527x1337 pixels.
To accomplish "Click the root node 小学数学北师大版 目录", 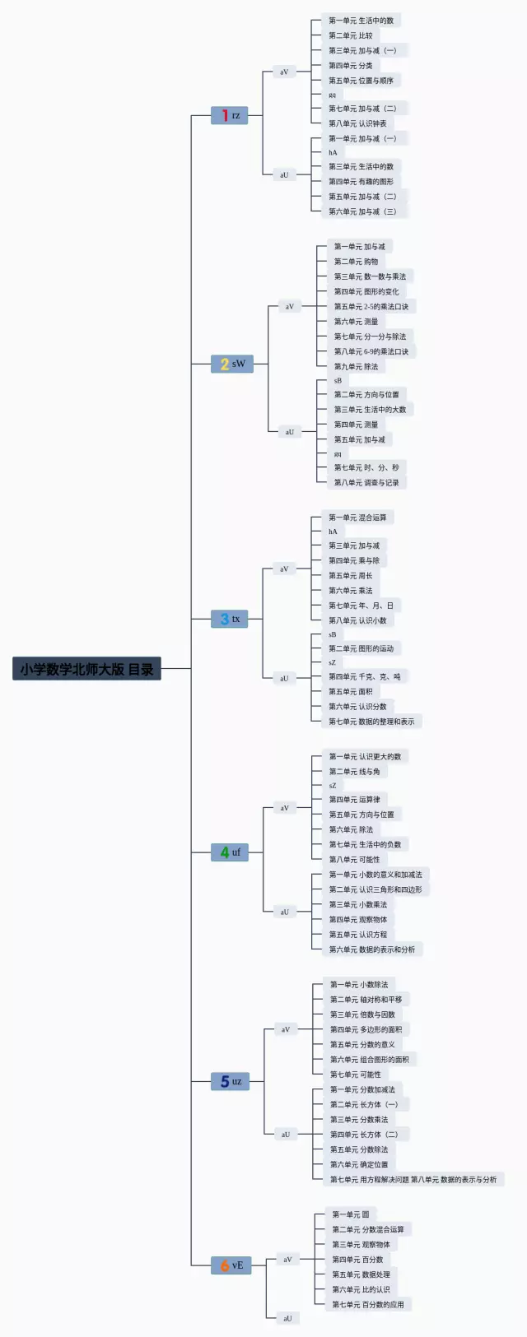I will [x=87, y=669].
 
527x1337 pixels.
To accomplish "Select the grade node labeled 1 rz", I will [x=230, y=115].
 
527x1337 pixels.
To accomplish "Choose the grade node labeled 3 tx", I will [x=230, y=619].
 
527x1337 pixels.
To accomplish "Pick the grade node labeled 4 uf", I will [x=230, y=852].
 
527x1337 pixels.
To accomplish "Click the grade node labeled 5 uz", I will [x=231, y=1081].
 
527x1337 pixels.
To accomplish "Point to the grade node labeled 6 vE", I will [x=231, y=1265].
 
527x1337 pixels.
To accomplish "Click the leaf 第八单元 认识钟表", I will [x=357, y=123].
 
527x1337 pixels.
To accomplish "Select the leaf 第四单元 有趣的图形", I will [x=361, y=182].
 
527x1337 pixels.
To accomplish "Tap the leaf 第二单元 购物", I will [x=356, y=262].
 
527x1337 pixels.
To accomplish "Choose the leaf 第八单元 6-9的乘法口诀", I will [x=371, y=351].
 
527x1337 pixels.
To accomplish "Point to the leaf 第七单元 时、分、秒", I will [x=366, y=467].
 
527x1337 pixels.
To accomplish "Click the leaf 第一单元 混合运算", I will [x=357, y=518].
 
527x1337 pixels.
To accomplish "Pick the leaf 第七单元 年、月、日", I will [x=361, y=606].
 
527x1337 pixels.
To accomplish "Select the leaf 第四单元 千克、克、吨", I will [x=365, y=676].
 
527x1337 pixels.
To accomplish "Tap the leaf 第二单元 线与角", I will [x=355, y=772].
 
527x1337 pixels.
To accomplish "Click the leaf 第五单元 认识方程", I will [x=358, y=935].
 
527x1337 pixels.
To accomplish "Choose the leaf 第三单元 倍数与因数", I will [x=362, y=1014].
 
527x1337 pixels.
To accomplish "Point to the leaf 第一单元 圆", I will [x=351, y=1214].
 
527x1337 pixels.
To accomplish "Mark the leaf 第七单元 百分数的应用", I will [x=368, y=1304].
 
